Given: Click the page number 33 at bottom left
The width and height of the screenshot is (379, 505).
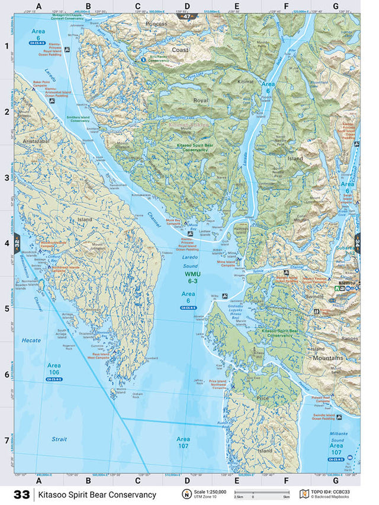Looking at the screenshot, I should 21,494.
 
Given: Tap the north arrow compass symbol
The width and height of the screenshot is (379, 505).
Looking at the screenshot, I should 187,494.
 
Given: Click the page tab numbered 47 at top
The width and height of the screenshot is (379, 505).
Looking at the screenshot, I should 187,17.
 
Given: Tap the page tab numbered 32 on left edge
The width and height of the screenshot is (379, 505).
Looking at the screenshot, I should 17,243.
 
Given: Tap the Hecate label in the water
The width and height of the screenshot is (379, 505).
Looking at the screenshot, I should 31,340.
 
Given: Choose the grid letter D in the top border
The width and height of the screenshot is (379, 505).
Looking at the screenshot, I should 187,7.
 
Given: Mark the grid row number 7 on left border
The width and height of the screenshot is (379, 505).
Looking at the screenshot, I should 7,440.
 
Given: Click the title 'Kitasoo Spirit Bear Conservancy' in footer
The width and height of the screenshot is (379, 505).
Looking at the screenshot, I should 98,494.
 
